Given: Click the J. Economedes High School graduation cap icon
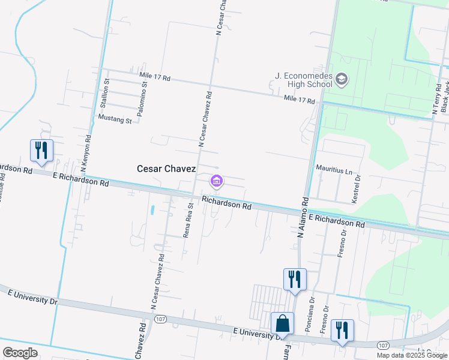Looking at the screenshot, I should [x=342, y=79].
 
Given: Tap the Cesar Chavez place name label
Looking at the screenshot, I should [x=166, y=169].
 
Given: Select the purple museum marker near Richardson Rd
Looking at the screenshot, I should [x=216, y=181].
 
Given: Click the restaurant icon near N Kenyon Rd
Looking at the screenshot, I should [x=41, y=150].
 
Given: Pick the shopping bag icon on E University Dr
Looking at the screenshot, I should [x=282, y=323].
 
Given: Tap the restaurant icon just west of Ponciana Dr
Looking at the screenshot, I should [x=295, y=279].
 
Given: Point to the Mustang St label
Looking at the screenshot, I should [x=115, y=120].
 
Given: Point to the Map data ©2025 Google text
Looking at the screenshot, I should [x=412, y=355].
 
